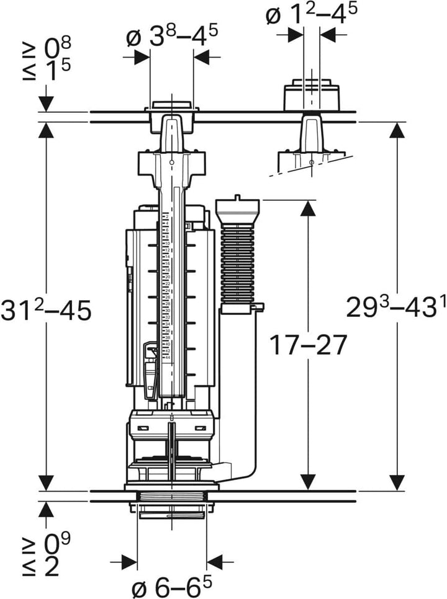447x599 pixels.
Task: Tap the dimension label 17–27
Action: pyautogui.click(x=306, y=344)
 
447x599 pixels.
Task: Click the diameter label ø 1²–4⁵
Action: pyautogui.click(x=312, y=16)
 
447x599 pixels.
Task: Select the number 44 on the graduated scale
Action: pyautogui.click(x=167, y=357)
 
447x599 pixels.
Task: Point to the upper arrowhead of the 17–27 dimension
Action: pyautogui.click(x=306, y=208)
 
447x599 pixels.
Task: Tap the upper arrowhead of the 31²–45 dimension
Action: pyautogui.click(x=47, y=129)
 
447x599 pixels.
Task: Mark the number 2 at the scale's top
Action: pyautogui.click(x=166, y=217)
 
